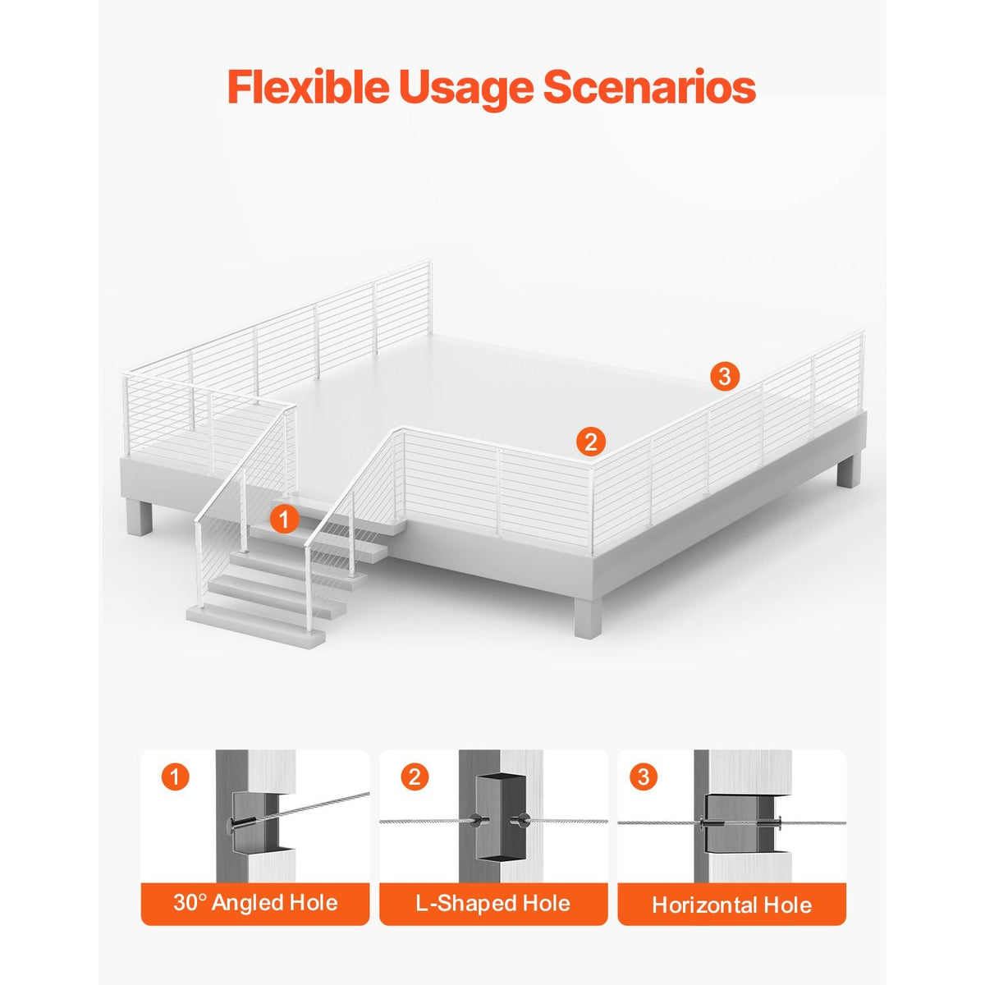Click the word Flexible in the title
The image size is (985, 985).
(x=309, y=86)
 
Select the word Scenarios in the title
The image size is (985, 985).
(x=649, y=87)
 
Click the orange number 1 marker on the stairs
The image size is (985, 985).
(x=284, y=520)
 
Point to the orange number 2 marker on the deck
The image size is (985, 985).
(x=590, y=441)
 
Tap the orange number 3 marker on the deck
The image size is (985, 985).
(x=724, y=377)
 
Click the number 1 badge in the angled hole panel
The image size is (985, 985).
(x=176, y=777)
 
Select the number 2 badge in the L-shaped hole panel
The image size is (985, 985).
(x=414, y=777)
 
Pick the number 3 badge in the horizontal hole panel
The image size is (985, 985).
(x=644, y=777)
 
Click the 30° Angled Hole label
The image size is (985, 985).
(x=255, y=903)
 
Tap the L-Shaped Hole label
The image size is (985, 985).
(x=492, y=903)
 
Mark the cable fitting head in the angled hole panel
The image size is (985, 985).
(x=234, y=823)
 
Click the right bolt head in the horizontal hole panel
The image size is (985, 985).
(x=777, y=822)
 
